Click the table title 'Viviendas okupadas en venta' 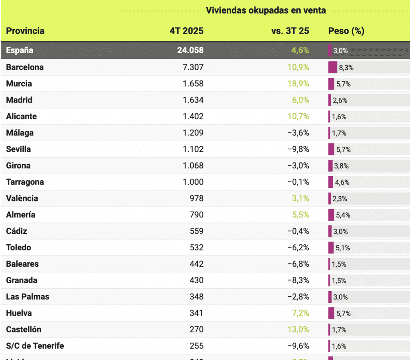[x=265, y=11]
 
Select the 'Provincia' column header [x=25, y=31]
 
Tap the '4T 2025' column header [x=187, y=31]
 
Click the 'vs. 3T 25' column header [x=290, y=31]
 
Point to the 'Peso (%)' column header [x=346, y=31]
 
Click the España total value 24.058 [x=190, y=50]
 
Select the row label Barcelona [x=25, y=67]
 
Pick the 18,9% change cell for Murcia [x=298, y=84]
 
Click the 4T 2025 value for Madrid [x=193, y=100]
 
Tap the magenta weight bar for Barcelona [x=333, y=67]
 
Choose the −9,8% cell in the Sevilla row [x=298, y=149]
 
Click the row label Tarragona [x=25, y=182]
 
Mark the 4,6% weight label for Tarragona [x=342, y=183]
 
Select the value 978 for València [x=197, y=199]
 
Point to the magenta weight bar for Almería [x=331, y=215]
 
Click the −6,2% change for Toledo [x=298, y=248]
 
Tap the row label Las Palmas [x=28, y=297]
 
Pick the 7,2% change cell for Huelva [x=301, y=314]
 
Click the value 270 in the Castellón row [x=197, y=330]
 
